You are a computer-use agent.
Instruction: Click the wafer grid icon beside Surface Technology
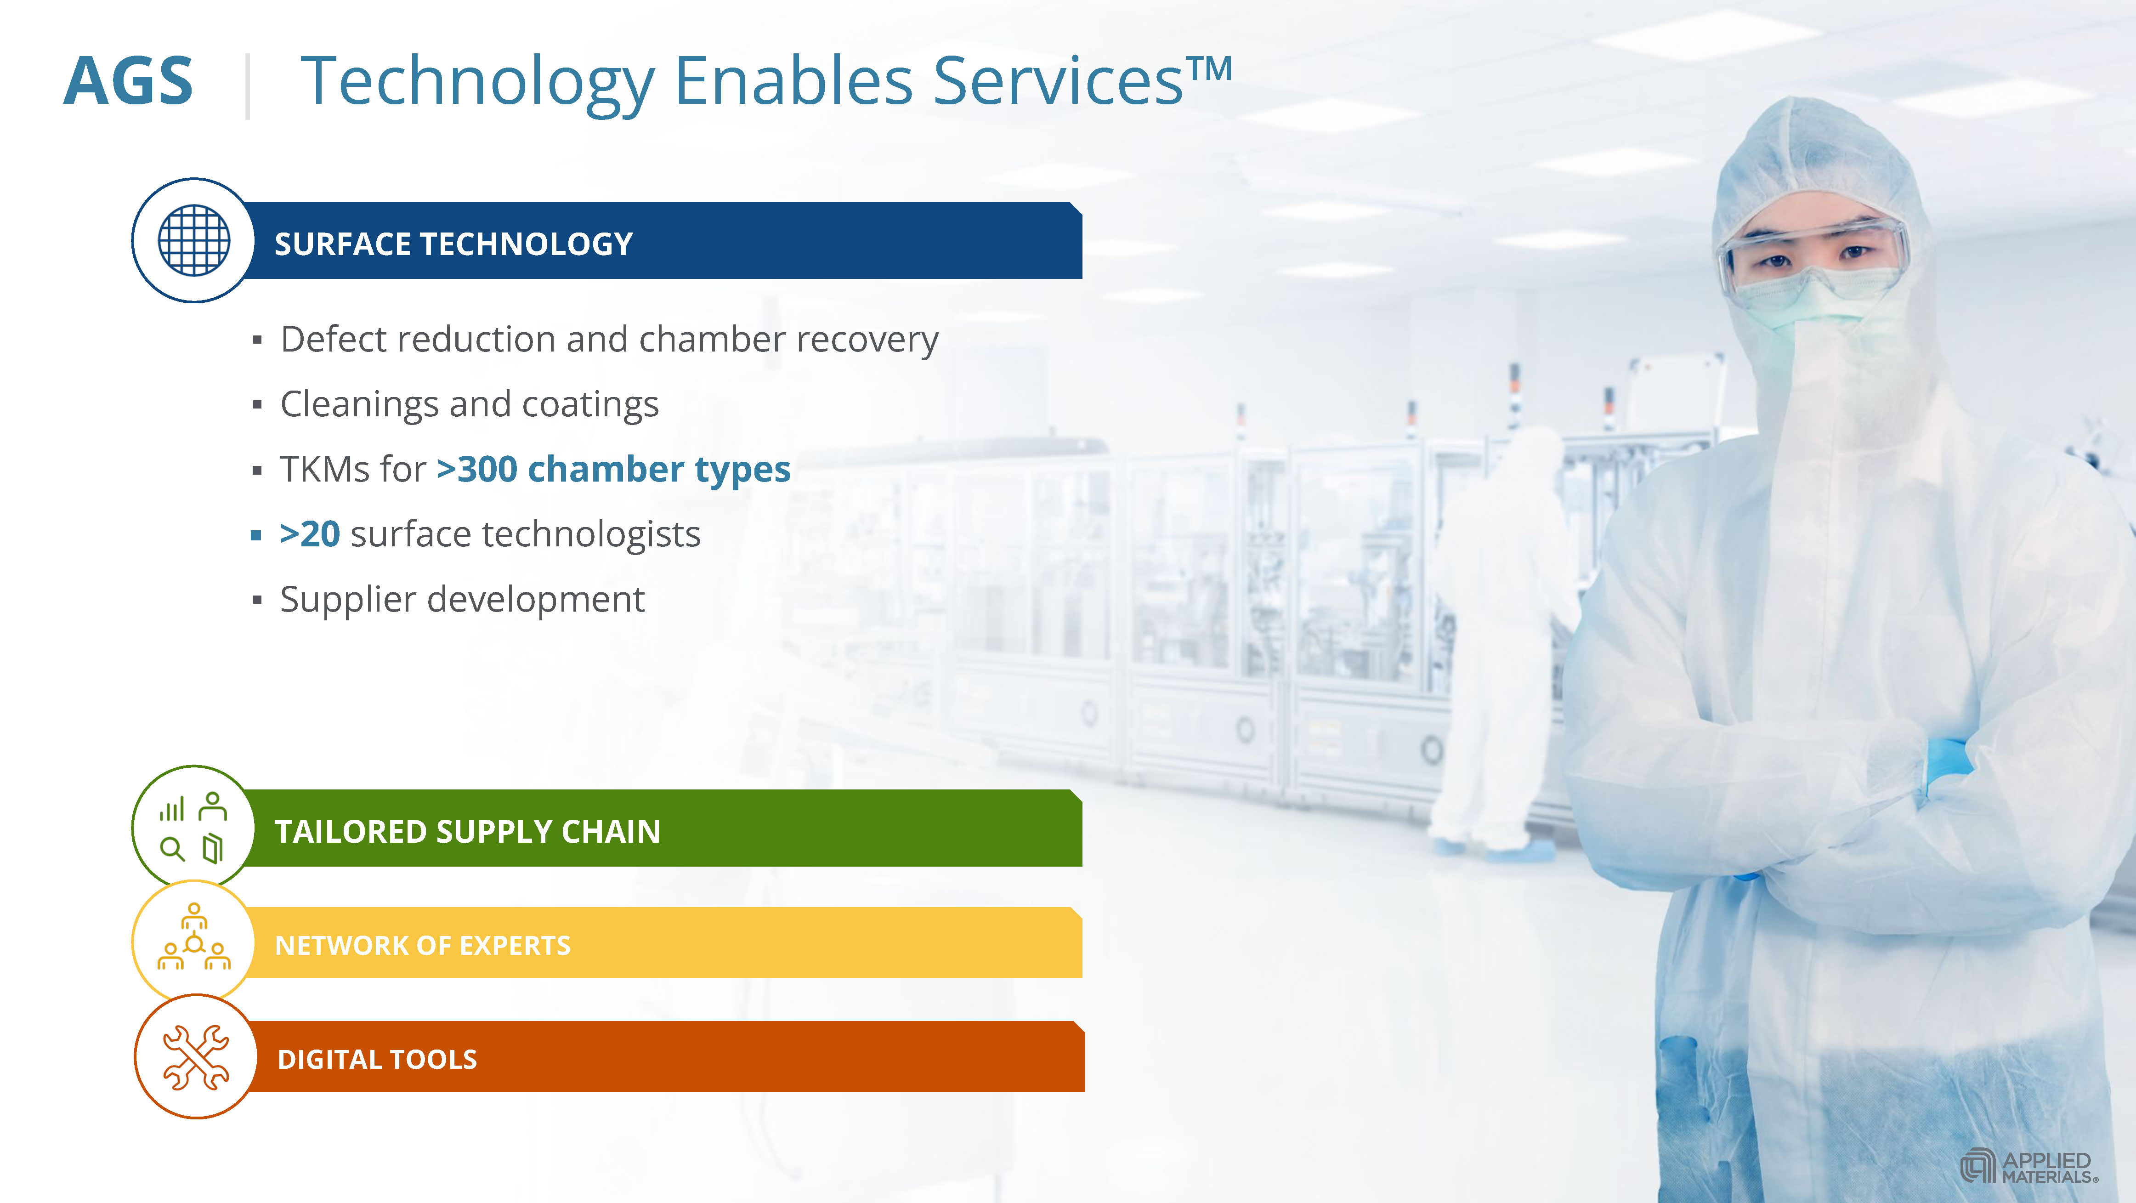(194, 240)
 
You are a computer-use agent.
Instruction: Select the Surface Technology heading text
(453, 244)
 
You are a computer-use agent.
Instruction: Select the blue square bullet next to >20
(256, 536)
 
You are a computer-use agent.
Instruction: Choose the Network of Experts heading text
(423, 945)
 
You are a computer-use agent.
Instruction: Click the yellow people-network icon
(194, 937)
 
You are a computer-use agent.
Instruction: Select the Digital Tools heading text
(377, 1060)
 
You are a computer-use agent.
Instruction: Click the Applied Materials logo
(2028, 1167)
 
